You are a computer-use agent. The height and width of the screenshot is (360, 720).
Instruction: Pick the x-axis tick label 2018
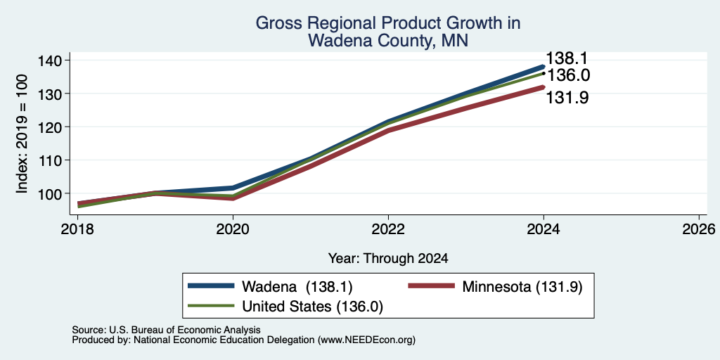[x=77, y=229]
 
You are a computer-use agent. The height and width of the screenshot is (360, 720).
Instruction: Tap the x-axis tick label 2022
[x=388, y=229]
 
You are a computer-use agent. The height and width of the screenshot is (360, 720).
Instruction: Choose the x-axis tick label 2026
[x=699, y=229]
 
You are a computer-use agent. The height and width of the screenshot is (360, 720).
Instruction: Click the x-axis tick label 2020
[x=233, y=229]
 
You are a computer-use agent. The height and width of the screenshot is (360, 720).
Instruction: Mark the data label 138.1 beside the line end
[x=567, y=58]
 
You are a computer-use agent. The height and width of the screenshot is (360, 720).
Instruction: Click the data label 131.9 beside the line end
[x=567, y=97]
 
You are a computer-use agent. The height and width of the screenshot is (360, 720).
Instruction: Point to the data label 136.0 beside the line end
[x=568, y=75]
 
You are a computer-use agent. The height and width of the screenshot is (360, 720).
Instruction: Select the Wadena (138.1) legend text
[x=297, y=287]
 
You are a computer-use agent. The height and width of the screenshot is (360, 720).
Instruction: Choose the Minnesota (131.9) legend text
[x=522, y=287]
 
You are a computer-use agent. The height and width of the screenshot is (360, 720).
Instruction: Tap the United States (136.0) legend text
[x=313, y=307]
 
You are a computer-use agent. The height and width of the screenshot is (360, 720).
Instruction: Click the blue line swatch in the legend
[x=211, y=286]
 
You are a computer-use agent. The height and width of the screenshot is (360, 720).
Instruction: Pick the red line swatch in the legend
[x=432, y=286]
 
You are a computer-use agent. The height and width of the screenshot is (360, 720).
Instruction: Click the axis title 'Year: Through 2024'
[x=388, y=259]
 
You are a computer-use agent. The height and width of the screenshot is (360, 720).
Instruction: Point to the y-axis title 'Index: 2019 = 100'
[x=22, y=134]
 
